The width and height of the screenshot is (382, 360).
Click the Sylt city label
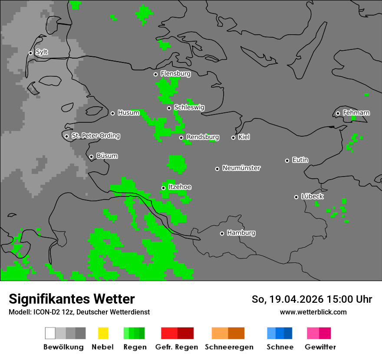42,52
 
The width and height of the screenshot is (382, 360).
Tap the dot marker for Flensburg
155,74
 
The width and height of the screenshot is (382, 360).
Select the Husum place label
128,113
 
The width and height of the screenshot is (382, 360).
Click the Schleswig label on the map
189,108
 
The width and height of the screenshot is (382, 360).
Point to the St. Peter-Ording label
95,136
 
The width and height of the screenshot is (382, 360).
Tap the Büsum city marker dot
91,157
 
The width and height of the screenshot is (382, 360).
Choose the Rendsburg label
202,137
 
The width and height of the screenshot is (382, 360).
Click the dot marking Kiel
233,137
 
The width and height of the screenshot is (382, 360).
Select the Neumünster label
241,168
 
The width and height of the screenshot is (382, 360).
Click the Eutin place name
300,160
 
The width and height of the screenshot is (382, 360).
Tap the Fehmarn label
356,113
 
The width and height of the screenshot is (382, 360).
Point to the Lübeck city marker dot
296,197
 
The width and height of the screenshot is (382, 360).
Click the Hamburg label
241,233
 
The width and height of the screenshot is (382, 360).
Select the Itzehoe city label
179,187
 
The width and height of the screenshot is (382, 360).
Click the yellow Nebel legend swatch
102,333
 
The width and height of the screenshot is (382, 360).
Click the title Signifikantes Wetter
72,299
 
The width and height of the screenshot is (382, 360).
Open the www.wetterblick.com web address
313,312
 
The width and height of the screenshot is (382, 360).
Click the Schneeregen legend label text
229,347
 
